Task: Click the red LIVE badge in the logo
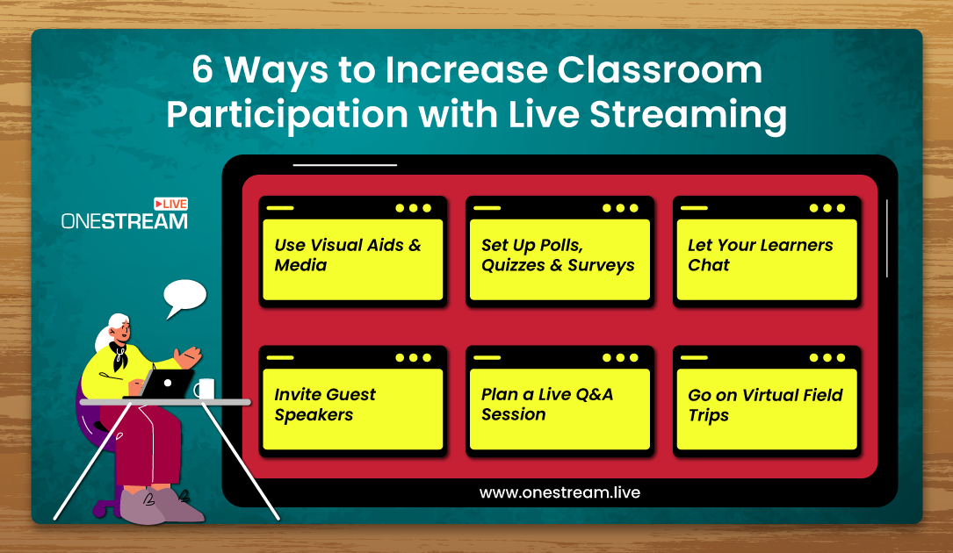170,204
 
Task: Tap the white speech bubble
184,297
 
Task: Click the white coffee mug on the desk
205,388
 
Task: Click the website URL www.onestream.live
560,492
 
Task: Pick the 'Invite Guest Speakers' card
353,401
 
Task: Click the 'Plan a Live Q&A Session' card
560,401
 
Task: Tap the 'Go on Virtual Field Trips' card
767,401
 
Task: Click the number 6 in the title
202,70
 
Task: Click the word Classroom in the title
660,70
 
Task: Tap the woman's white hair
109,331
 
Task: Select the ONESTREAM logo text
125,221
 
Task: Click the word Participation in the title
287,116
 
